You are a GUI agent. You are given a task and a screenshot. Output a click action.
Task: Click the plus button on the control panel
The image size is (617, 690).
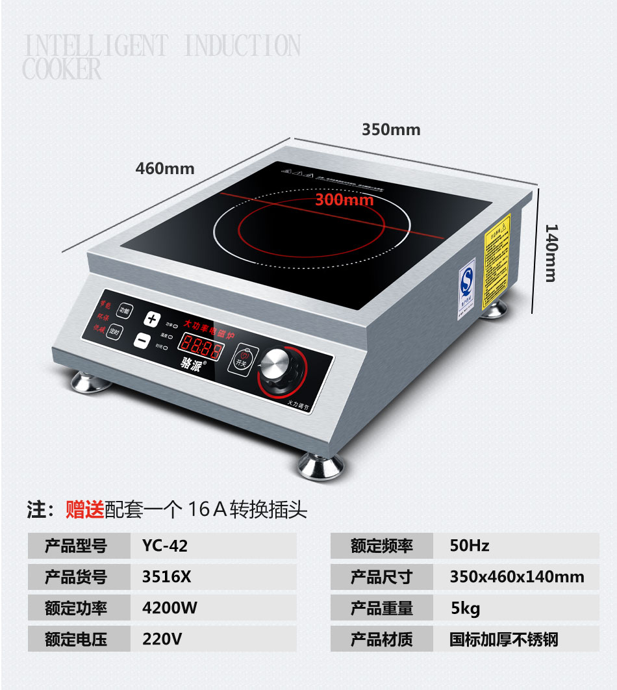pyautogui.click(x=152, y=319)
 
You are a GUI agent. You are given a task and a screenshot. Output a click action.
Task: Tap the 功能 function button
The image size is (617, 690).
pyautogui.click(x=124, y=311)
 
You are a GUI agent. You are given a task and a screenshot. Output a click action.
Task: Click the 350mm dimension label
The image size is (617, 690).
pyautogui.click(x=391, y=129)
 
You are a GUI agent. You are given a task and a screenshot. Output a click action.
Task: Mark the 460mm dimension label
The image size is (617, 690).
pyautogui.click(x=164, y=168)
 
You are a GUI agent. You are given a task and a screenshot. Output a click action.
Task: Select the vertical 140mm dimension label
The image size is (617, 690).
pyautogui.click(x=550, y=253)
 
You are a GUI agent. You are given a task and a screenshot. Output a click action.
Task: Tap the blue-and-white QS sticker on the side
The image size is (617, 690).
pyautogui.click(x=467, y=284)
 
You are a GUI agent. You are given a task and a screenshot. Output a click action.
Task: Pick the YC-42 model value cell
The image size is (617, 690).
pyautogui.click(x=165, y=546)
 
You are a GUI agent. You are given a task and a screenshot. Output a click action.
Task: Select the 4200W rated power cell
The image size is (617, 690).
pyautogui.click(x=170, y=608)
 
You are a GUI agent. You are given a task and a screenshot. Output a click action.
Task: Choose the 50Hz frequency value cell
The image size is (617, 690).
pyautogui.click(x=470, y=546)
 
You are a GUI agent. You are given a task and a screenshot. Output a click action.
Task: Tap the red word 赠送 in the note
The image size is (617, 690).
pyautogui.click(x=84, y=509)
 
